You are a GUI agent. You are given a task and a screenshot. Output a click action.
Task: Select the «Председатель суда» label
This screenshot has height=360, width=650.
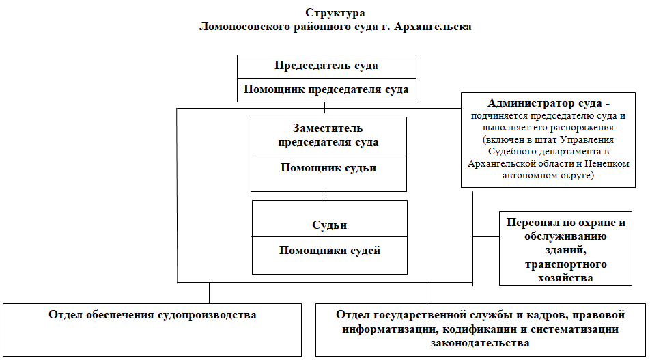(326, 66)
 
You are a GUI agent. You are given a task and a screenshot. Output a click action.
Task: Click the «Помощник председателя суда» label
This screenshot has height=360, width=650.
(326, 89)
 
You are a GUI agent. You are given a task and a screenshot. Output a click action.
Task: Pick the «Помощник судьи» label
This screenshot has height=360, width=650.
(328, 168)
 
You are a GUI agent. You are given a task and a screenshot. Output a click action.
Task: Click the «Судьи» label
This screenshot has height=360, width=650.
(329, 225)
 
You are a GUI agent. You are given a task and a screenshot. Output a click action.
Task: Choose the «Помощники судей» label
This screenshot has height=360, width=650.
(329, 250)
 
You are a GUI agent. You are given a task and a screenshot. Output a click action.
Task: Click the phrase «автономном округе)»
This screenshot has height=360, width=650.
(554, 176)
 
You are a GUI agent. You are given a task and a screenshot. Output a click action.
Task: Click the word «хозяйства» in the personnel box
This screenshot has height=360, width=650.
(565, 277)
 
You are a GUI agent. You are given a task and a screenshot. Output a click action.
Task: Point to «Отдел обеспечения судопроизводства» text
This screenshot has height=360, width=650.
(152, 315)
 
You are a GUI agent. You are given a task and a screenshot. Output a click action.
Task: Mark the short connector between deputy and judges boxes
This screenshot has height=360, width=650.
(326, 195)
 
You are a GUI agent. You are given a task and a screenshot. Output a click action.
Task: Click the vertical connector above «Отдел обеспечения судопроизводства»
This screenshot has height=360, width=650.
(209, 292)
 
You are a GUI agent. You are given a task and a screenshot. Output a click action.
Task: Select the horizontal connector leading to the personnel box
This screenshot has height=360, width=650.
(486, 236)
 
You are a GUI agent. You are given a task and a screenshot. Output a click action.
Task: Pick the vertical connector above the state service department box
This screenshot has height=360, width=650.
(429, 292)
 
